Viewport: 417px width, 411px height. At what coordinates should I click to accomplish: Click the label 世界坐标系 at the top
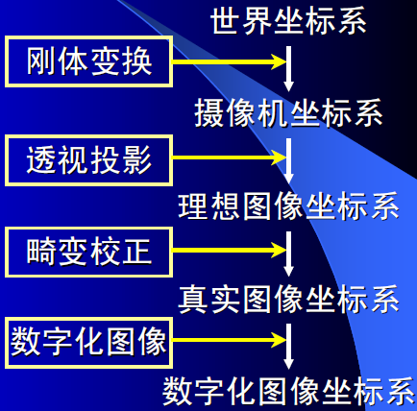pos(288,21)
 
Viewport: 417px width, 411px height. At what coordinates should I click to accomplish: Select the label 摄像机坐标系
pos(288,113)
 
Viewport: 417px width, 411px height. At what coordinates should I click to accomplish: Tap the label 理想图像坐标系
pos(288,205)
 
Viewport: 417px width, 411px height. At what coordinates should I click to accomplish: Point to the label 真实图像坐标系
pos(288,299)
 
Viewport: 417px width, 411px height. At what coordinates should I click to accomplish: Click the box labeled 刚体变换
pos(88,61)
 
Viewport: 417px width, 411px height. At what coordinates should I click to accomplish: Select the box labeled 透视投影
pos(88,160)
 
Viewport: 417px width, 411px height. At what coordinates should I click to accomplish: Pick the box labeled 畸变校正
pos(88,252)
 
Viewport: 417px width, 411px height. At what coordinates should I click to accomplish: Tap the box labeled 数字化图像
pos(88,343)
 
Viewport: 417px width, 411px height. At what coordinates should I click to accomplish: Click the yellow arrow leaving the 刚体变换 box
pos(229,61)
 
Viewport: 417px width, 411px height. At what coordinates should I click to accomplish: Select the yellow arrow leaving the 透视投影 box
pos(229,157)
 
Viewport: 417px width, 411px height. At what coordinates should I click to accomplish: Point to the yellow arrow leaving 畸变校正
pos(229,250)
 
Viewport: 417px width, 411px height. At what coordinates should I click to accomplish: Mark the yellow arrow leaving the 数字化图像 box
pos(229,340)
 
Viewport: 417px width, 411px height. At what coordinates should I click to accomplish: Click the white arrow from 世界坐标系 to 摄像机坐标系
pos(288,69)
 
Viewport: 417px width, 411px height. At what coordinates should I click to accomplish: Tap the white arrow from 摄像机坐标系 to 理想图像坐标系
pos(288,161)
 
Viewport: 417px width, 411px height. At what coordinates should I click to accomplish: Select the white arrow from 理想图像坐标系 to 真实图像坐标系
pos(288,254)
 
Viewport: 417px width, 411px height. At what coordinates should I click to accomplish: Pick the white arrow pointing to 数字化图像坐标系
pos(288,347)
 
